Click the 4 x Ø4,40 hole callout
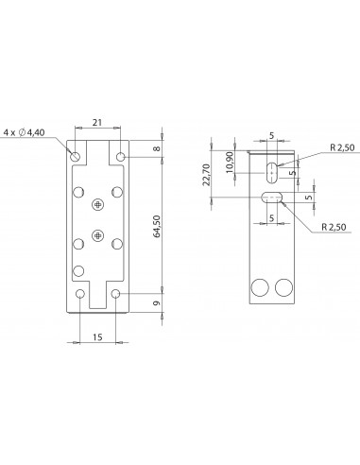24,132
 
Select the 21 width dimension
97,122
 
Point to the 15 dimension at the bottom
97,337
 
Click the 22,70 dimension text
206,174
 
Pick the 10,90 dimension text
230,163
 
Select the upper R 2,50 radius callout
342,147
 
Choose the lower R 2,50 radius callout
334,227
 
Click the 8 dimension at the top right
157,148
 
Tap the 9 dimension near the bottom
157,303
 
